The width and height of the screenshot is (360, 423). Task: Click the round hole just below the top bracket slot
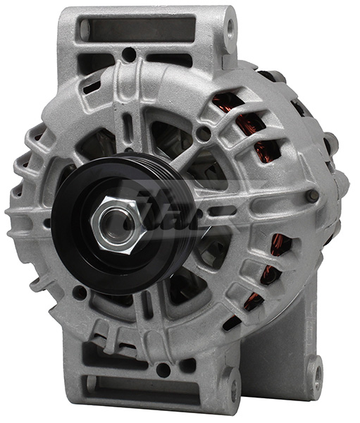point(129,54)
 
